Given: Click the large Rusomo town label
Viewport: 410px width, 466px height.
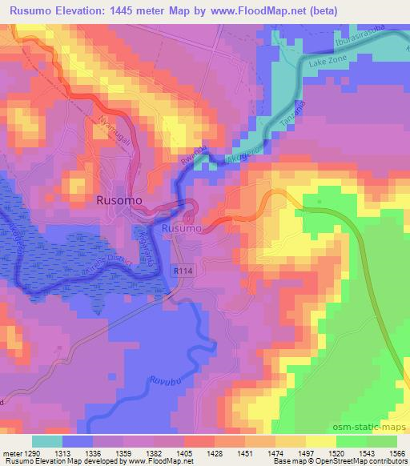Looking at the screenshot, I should (120, 200).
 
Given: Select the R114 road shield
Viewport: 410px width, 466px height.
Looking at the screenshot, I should (183, 272).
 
